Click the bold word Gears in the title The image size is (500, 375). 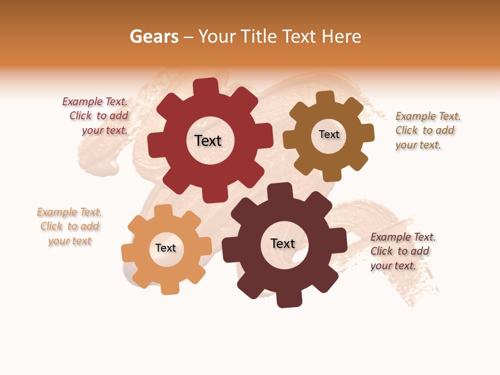pyautogui.click(x=154, y=36)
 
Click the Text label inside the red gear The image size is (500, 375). pyautogui.click(x=208, y=141)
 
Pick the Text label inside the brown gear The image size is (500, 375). pyautogui.click(x=329, y=134)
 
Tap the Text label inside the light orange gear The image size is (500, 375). pyautogui.click(x=166, y=248)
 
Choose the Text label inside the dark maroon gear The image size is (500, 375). pyautogui.click(x=283, y=243)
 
